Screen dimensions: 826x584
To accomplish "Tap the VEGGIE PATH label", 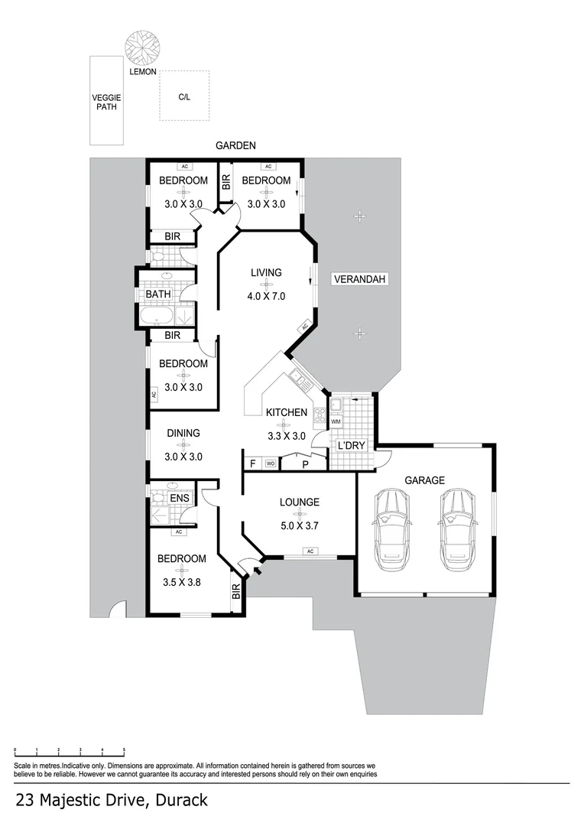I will tap(106, 102).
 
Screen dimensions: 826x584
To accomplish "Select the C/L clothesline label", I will tap(184, 97).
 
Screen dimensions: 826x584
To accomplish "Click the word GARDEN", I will tap(235, 145).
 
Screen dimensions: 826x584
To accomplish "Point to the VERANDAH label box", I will tap(360, 280).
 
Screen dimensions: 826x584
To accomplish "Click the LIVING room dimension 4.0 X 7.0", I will tap(266, 296).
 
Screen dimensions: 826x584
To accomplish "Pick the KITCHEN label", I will tap(287, 413).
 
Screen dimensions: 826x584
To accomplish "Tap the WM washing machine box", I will tap(336, 421).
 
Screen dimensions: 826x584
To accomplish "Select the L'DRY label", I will tap(352, 446).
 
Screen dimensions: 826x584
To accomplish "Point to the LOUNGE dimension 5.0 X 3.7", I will tap(299, 526).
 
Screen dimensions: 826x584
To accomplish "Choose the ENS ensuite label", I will tap(180, 499).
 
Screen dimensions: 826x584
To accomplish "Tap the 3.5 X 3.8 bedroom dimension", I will tap(181, 582).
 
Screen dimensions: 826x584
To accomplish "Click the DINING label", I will tap(183, 433).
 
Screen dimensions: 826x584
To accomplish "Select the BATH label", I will tap(158, 294).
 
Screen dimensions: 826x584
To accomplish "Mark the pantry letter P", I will tap(305, 463).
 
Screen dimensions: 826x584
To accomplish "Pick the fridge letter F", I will tap(252, 463).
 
